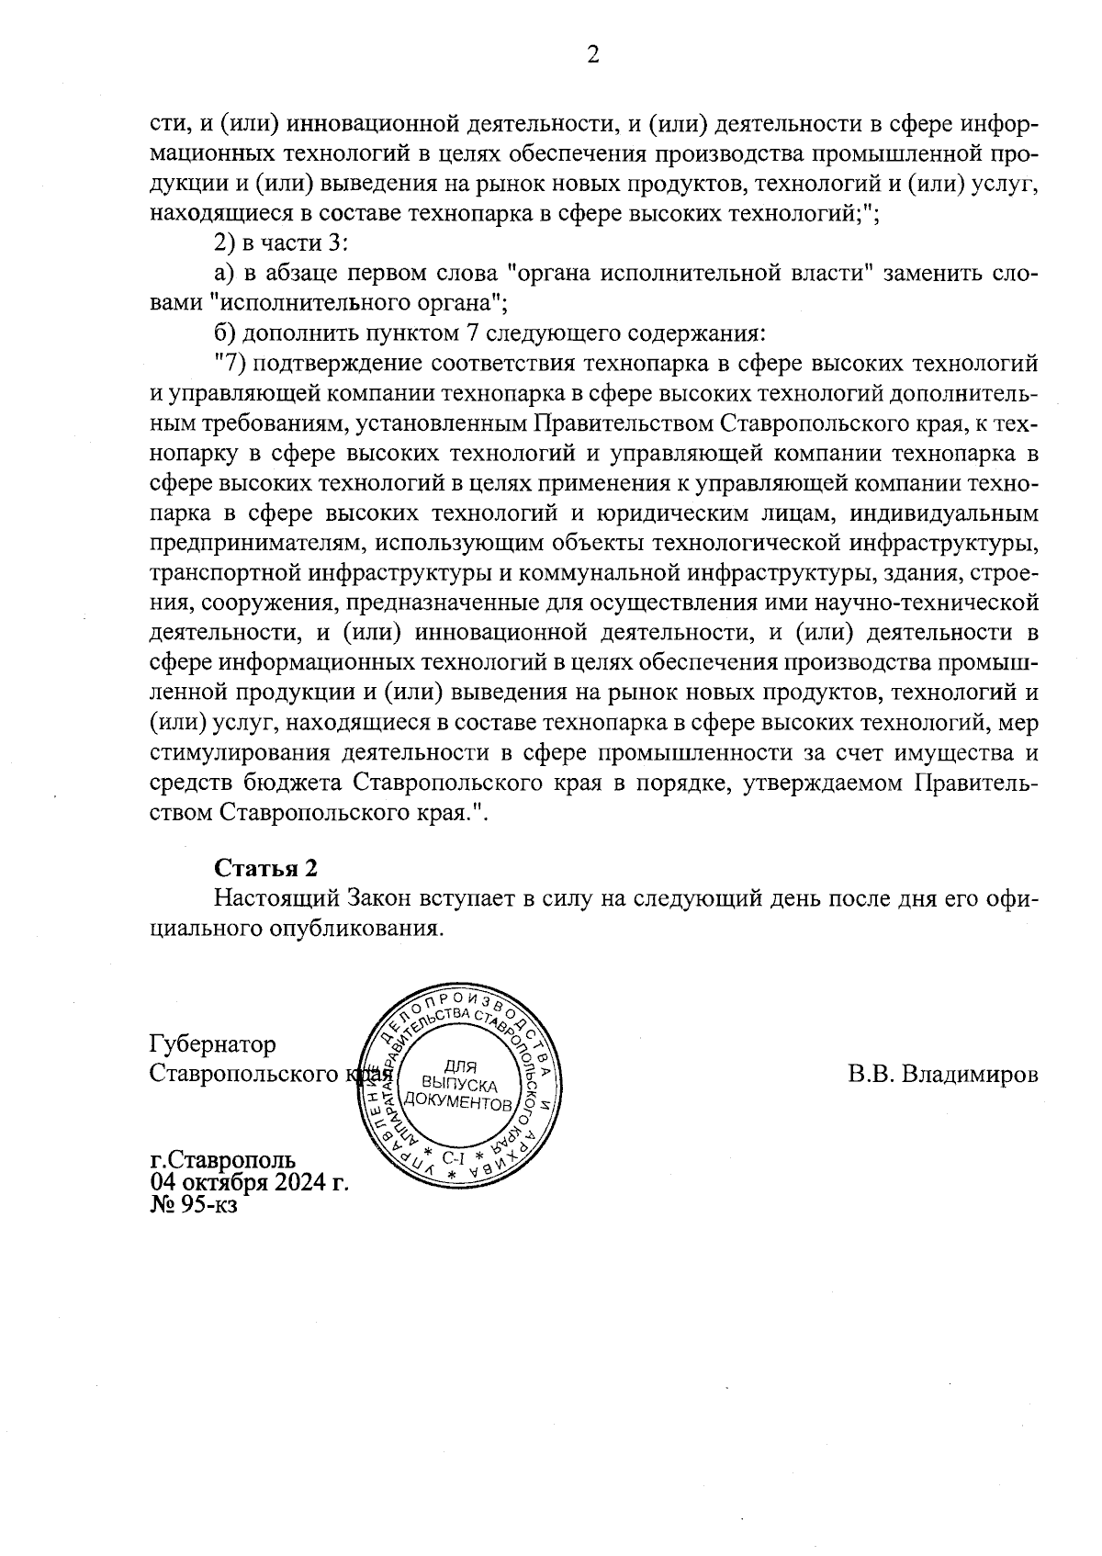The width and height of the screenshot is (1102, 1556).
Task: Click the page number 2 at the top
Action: tap(592, 56)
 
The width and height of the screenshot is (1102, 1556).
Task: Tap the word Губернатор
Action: tap(212, 1044)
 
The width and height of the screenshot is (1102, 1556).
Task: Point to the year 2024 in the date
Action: tap(297, 1181)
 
